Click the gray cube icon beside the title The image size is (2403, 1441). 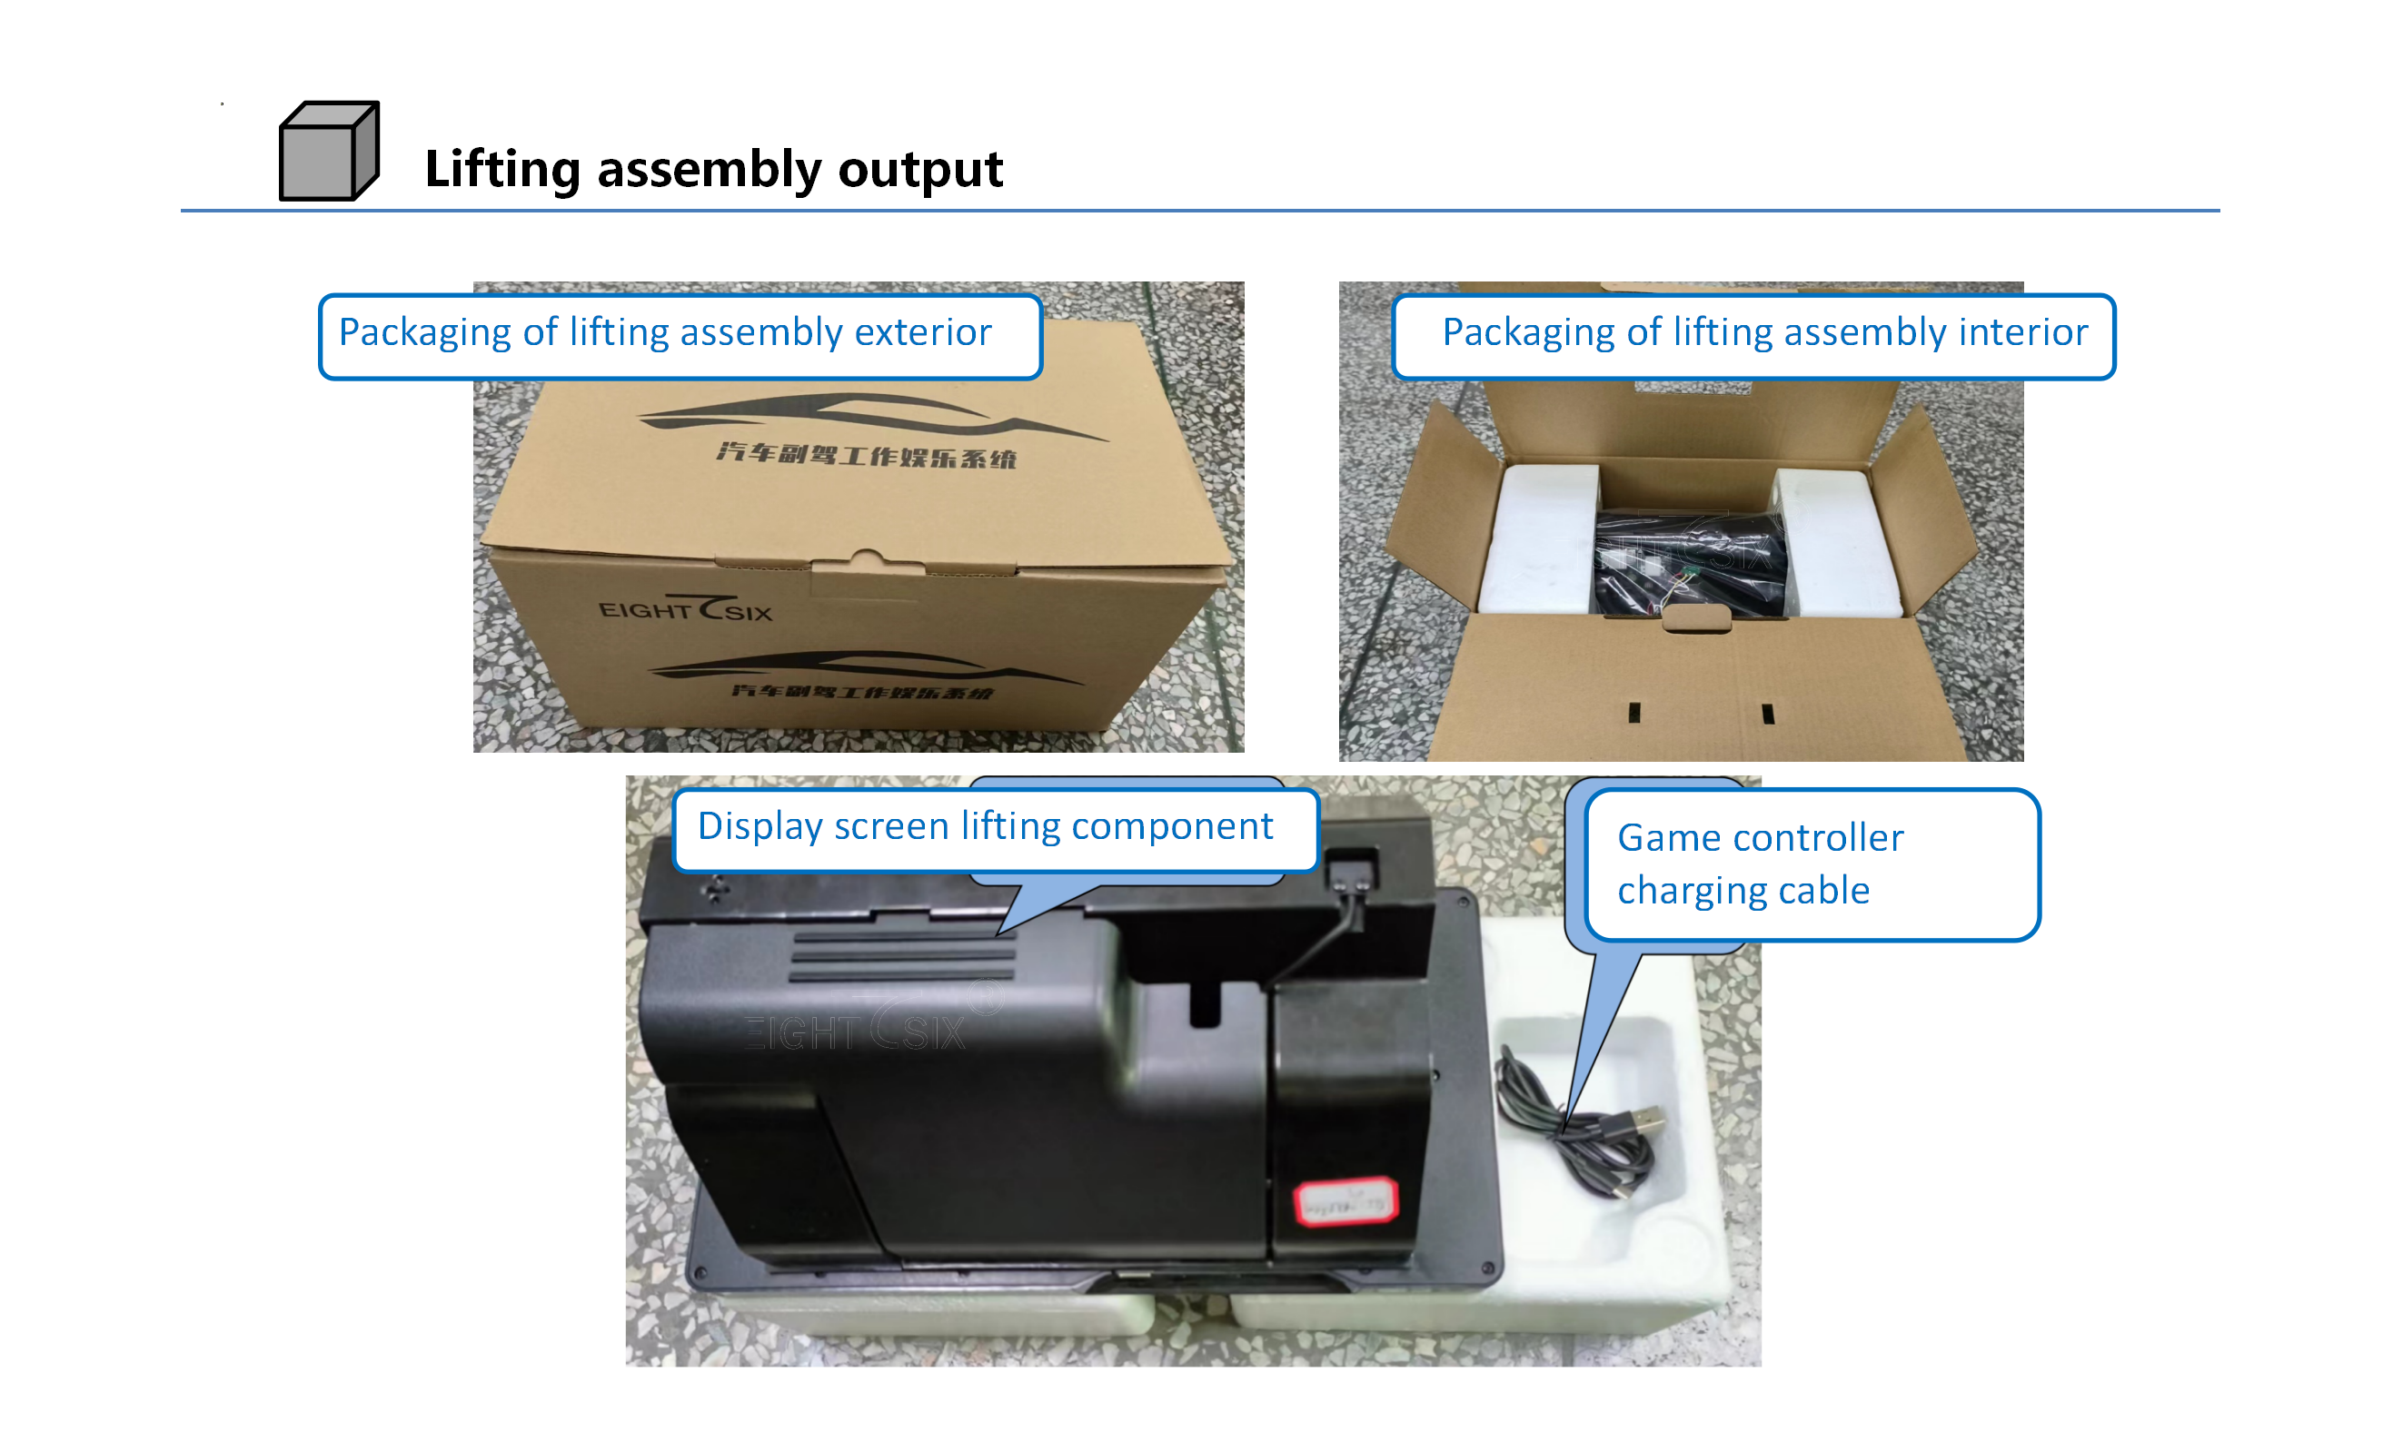tap(328, 152)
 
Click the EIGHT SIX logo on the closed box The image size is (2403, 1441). tap(685, 609)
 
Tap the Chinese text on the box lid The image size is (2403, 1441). tap(867, 454)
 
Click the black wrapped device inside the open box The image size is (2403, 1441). tap(1690, 563)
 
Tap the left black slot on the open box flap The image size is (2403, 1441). tap(1634, 713)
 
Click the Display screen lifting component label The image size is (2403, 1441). tap(985, 826)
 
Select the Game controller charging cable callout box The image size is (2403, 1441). tap(1811, 864)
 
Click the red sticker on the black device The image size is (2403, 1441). tap(1346, 1202)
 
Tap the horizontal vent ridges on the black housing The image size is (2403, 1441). tap(903, 957)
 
